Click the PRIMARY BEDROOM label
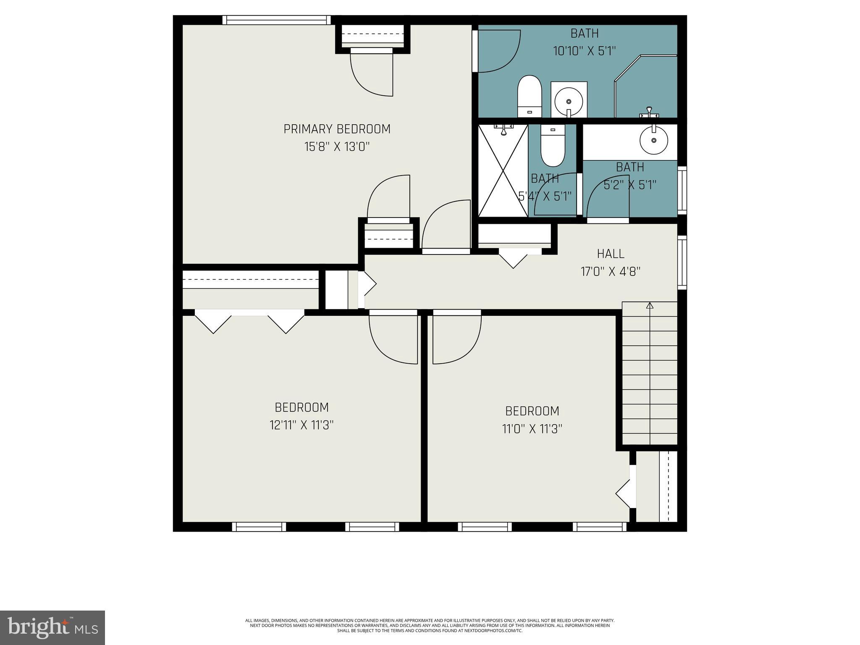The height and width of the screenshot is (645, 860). [x=337, y=129]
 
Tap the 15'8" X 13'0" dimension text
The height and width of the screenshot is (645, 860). [x=337, y=147]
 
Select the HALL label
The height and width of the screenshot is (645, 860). [x=611, y=254]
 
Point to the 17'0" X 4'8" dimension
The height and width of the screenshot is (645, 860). [x=611, y=272]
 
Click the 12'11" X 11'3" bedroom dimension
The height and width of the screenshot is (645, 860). [x=302, y=425]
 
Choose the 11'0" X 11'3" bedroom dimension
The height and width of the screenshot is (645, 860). [x=532, y=429]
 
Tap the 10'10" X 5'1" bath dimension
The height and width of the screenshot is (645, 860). [x=584, y=51]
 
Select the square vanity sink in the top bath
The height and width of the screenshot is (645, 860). [x=569, y=100]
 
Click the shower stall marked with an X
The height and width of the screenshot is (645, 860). [x=503, y=171]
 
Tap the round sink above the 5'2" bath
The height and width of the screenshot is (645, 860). [x=653, y=140]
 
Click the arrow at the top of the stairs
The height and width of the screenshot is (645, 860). [x=650, y=306]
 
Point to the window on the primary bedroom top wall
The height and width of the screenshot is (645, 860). [x=276, y=20]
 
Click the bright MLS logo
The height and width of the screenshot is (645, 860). [x=52, y=627]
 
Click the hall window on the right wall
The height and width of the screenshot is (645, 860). [x=682, y=262]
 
